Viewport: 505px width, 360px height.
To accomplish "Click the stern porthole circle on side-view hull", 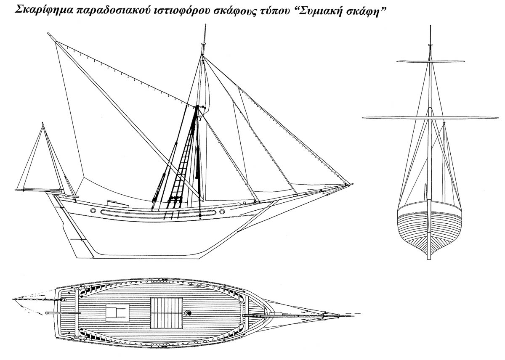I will click(93, 210).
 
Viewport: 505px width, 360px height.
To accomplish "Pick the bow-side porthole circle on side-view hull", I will click(222, 211).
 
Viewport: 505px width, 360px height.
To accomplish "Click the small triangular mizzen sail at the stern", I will click(40, 164).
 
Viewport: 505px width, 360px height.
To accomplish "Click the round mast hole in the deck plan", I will click(188, 313).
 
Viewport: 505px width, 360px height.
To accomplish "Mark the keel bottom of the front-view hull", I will click(429, 257).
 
